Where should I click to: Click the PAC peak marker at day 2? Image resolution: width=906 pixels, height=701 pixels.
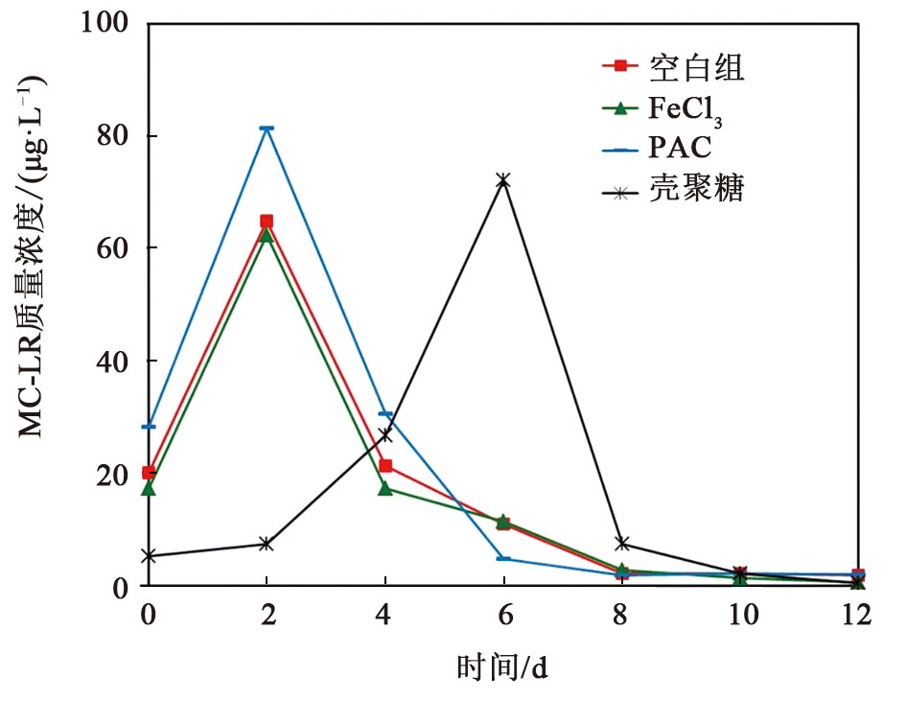[x=267, y=129]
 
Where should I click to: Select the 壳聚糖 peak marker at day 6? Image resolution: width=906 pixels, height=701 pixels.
[x=502, y=180]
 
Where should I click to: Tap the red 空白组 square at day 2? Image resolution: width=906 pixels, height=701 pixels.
[x=267, y=222]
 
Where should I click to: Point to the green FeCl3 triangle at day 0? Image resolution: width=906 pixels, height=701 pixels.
[x=149, y=488]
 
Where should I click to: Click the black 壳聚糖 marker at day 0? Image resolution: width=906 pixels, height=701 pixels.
[x=149, y=555]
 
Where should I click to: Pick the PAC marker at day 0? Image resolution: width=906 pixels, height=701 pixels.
[x=149, y=426]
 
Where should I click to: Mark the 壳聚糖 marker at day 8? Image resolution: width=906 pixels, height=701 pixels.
[x=621, y=544]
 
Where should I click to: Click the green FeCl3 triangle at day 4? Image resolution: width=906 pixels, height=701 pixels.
[x=385, y=488]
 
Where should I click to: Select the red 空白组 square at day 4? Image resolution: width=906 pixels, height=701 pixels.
[x=385, y=466]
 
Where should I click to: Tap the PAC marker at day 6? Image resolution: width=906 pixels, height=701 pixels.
[x=502, y=558]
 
